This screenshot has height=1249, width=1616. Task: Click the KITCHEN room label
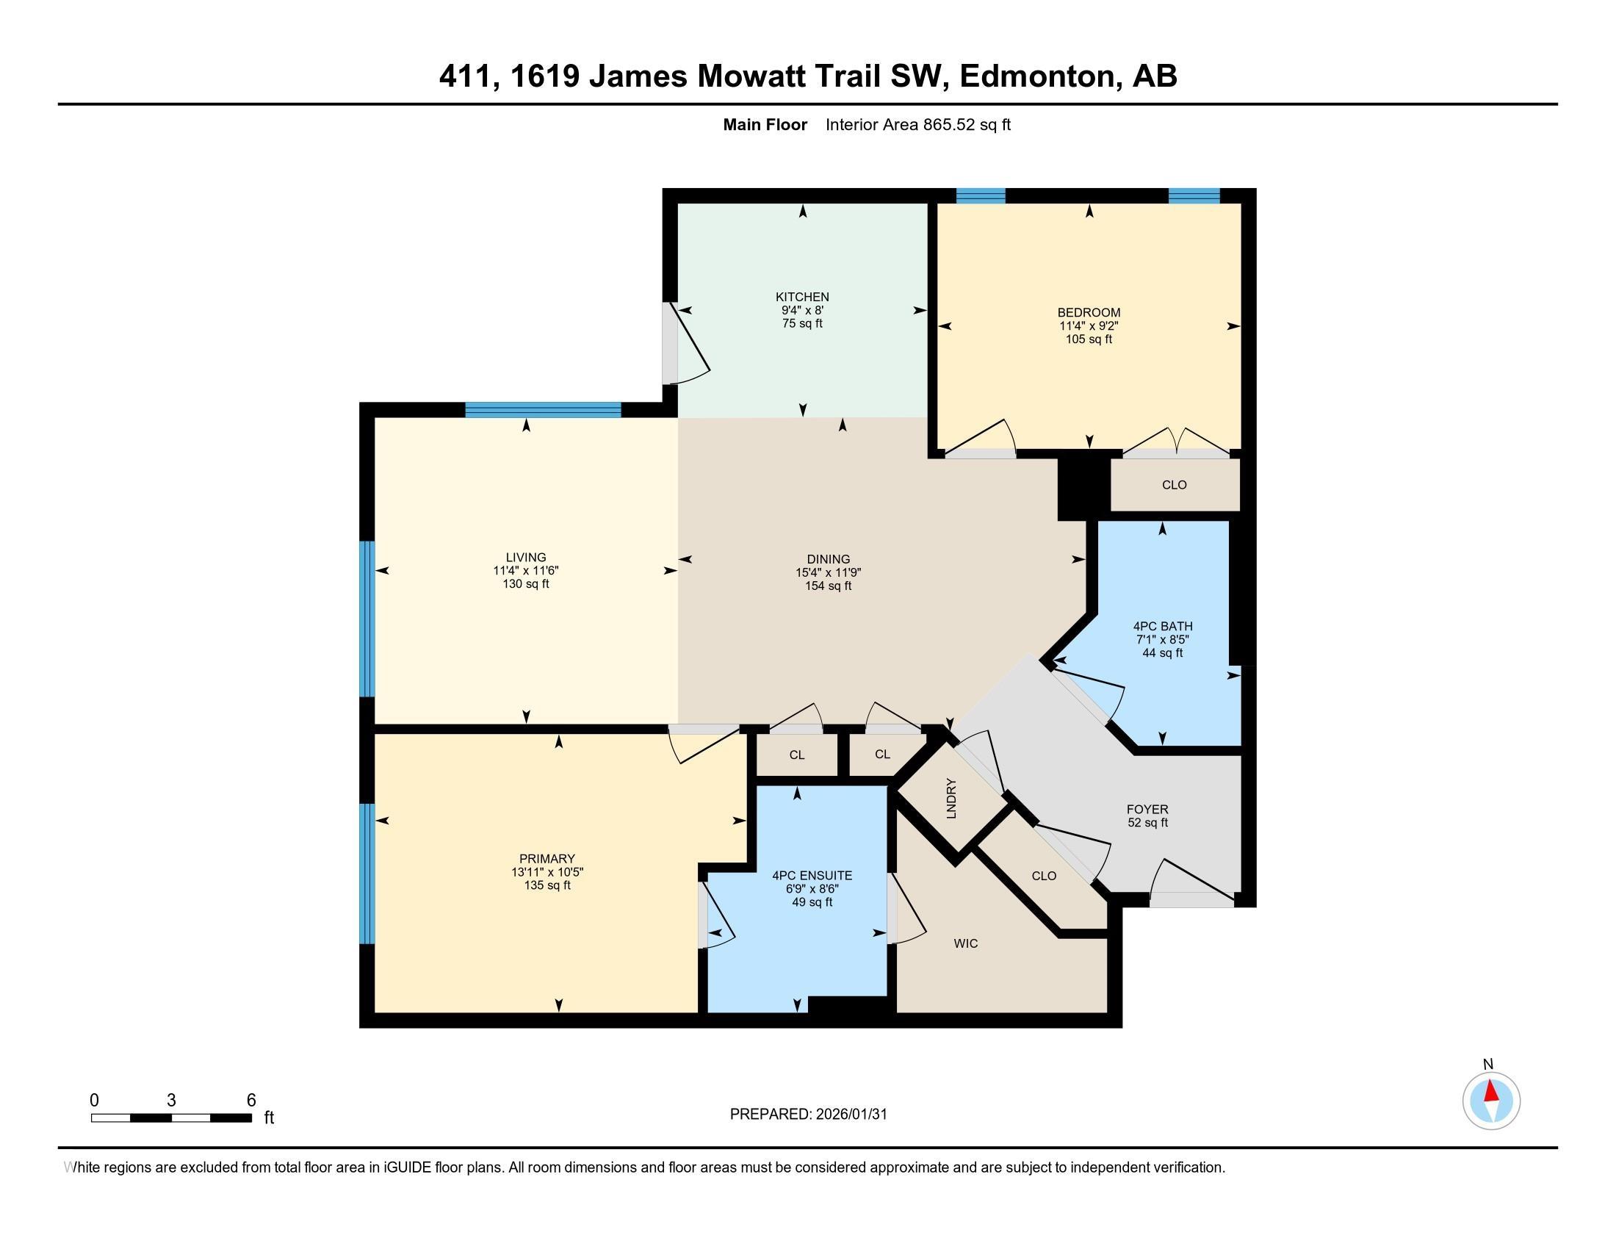pyautogui.click(x=802, y=298)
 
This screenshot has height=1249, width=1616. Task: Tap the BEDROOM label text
pyautogui.click(x=1089, y=312)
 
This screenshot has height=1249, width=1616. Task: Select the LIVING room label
pyautogui.click(x=526, y=557)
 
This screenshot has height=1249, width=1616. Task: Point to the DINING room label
pyautogui.click(x=828, y=559)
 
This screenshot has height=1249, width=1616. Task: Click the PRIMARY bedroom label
pyautogui.click(x=547, y=858)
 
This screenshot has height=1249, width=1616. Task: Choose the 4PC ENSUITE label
pyautogui.click(x=812, y=875)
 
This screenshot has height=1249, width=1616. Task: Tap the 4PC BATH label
pyautogui.click(x=1163, y=626)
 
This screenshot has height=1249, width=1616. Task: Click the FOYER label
pyautogui.click(x=1147, y=810)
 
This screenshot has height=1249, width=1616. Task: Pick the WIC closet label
pyautogui.click(x=966, y=943)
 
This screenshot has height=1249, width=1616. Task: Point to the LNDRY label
pyautogui.click(x=951, y=799)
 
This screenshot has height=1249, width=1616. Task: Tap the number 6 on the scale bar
pyautogui.click(x=250, y=1101)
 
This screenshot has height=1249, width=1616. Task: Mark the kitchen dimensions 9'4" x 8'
pyautogui.click(x=802, y=311)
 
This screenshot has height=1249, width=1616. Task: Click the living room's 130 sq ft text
pyautogui.click(x=526, y=584)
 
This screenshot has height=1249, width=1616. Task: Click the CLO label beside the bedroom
pyautogui.click(x=1175, y=485)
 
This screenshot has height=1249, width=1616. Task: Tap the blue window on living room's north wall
pyautogui.click(x=543, y=410)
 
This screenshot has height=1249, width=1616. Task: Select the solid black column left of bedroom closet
pyautogui.click(x=1084, y=489)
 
